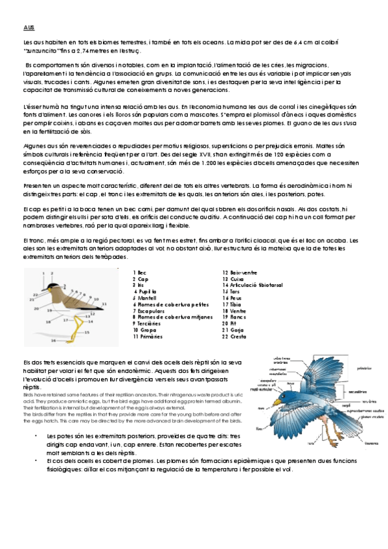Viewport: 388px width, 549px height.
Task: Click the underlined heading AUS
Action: click(29, 27)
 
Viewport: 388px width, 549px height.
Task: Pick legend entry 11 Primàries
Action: click(148, 337)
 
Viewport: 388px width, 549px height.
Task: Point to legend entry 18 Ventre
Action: click(234, 311)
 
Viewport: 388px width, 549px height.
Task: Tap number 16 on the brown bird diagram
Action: click(53, 339)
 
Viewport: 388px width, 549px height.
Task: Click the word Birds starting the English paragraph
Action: click(29, 393)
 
